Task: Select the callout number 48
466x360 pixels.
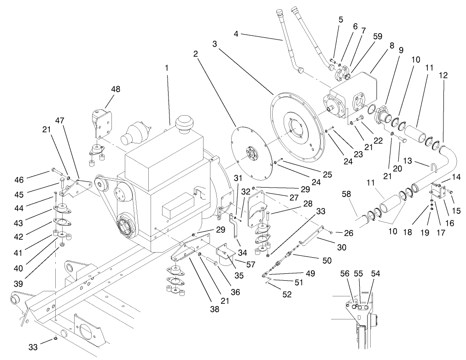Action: (x=115, y=89)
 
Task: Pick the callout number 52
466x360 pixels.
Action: (x=287, y=295)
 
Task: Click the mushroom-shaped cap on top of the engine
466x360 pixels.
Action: (x=186, y=123)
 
